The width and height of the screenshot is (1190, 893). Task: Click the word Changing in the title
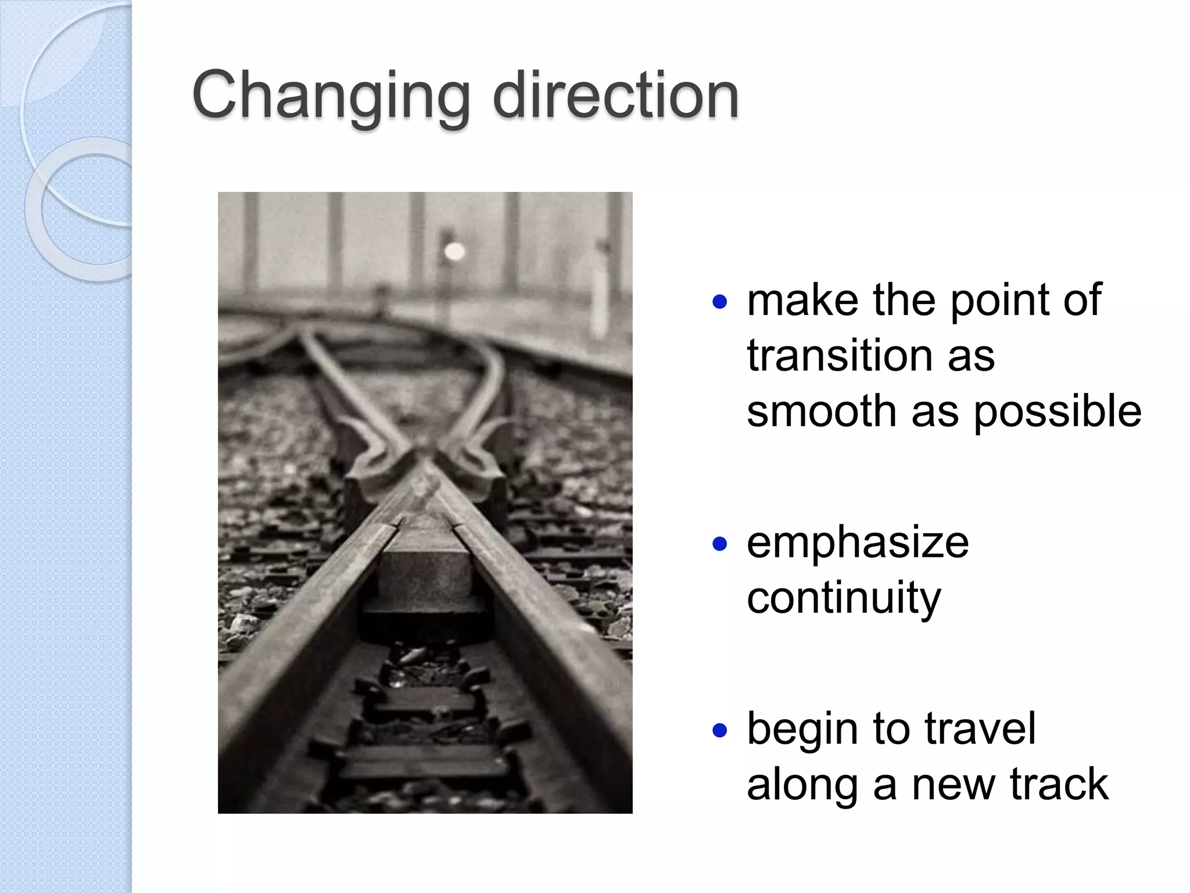point(331,97)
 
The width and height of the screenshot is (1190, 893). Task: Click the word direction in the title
point(615,95)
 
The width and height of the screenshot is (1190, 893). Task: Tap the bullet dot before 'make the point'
point(719,302)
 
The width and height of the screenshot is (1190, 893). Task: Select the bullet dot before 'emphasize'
point(719,544)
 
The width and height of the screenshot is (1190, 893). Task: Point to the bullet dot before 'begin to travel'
point(719,730)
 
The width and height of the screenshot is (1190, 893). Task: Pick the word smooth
point(822,411)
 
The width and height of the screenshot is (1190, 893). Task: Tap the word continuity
point(844,598)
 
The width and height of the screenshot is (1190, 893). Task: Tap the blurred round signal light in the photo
point(454,251)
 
